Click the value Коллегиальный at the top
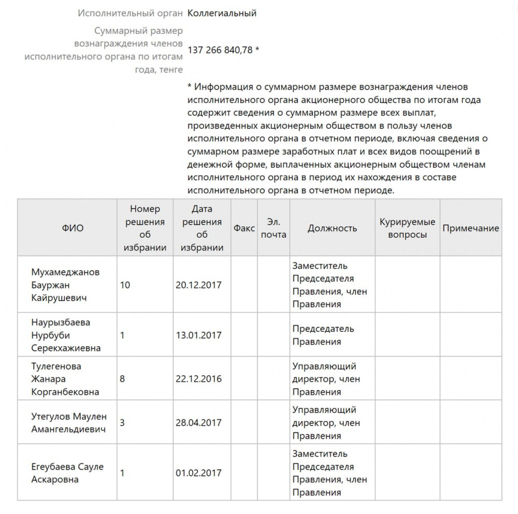pyautogui.click(x=222, y=13)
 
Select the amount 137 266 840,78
pyautogui.click(x=220, y=50)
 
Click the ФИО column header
pyautogui.click(x=73, y=228)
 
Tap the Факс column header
pyautogui.click(x=244, y=228)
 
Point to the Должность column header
pyautogui.click(x=332, y=228)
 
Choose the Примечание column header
pyautogui.click(x=471, y=228)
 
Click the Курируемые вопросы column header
pyautogui.click(x=407, y=228)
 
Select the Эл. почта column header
pyautogui.click(x=274, y=228)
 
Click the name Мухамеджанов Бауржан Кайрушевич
pyautogui.click(x=66, y=285)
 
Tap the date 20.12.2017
pyautogui.click(x=198, y=285)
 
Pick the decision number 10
pyautogui.click(x=125, y=285)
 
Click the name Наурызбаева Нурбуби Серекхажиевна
pyautogui.click(x=66, y=335)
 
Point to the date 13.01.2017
pyautogui.click(x=198, y=335)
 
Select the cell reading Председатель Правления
pyautogui.click(x=323, y=335)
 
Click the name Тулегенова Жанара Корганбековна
pyautogui.click(x=66, y=379)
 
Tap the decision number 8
pyautogui.click(x=122, y=379)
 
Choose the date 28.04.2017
pyautogui.click(x=198, y=423)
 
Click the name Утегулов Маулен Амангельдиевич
pyautogui.click(x=69, y=423)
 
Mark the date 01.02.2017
pyautogui.click(x=198, y=473)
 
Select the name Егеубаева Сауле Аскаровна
pyautogui.click(x=67, y=473)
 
